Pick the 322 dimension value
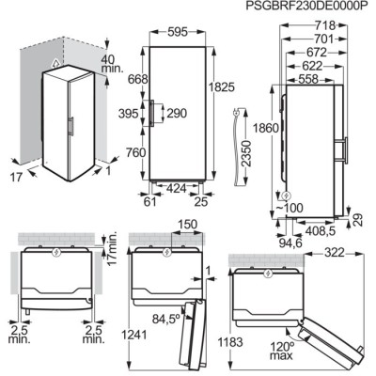pos(325,254)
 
